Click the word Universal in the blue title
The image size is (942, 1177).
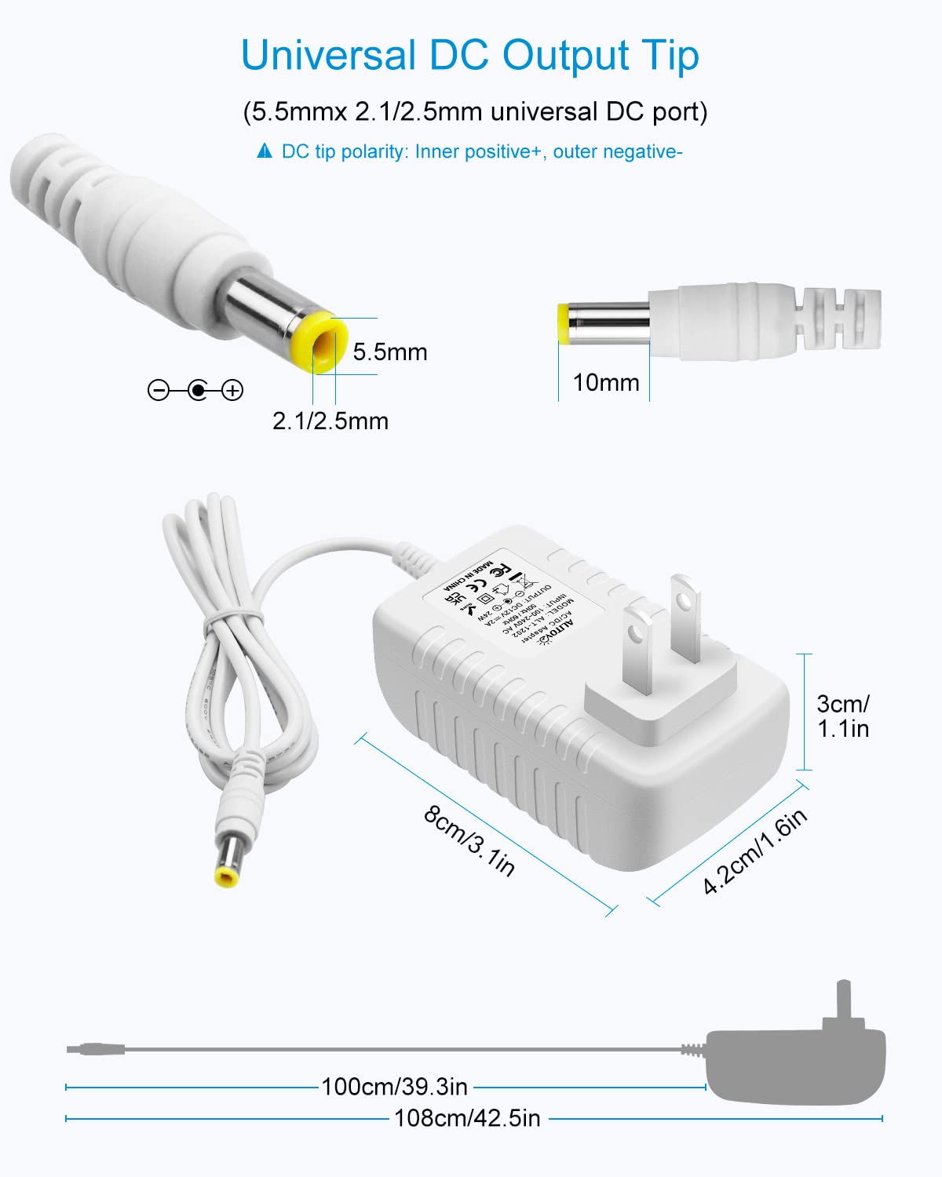pyautogui.click(x=327, y=56)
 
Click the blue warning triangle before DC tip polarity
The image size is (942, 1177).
pyautogui.click(x=265, y=151)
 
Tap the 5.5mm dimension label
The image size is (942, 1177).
pyautogui.click(x=389, y=352)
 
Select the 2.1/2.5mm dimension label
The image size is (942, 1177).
pyautogui.click(x=330, y=421)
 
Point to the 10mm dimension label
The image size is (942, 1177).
pyautogui.click(x=605, y=383)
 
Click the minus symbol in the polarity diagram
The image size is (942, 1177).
pyautogui.click(x=159, y=390)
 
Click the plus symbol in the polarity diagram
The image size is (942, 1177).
pyautogui.click(x=232, y=390)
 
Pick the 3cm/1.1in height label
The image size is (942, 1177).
pyautogui.click(x=842, y=716)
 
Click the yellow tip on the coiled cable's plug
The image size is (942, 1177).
pyautogui.click(x=227, y=876)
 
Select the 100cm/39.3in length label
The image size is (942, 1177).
pyautogui.click(x=394, y=1087)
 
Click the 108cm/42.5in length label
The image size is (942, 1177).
pyautogui.click(x=467, y=1118)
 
